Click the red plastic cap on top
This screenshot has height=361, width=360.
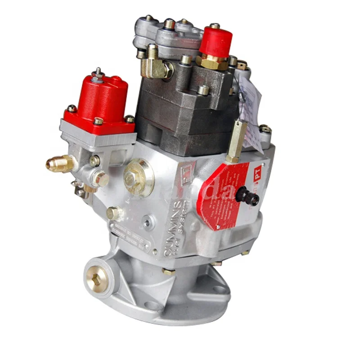point(215,40)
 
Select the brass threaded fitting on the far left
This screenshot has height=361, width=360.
point(60,163)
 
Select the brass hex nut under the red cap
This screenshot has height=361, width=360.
point(212,62)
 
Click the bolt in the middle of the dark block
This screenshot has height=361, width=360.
point(203,90)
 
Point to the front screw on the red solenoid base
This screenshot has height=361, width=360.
point(98,121)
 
